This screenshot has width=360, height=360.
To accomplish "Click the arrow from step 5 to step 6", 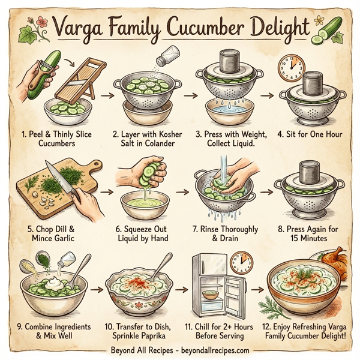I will tap(107, 193).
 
